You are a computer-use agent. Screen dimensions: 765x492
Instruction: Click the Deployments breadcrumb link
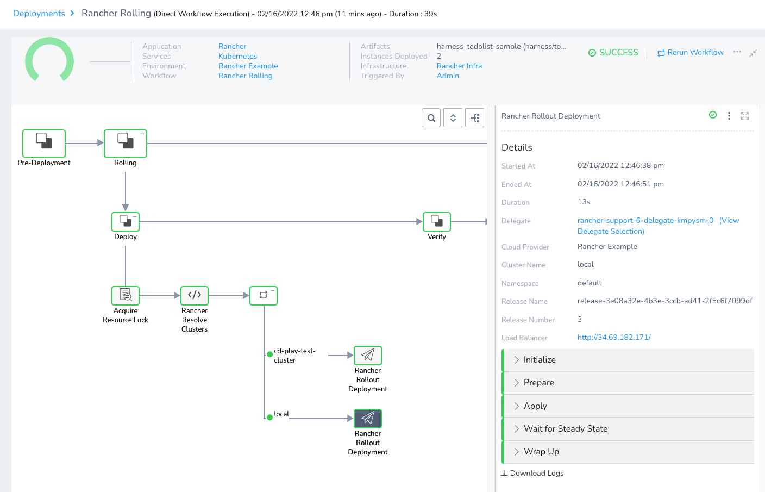(x=39, y=14)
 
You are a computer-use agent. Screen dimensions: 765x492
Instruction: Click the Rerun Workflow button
(x=690, y=53)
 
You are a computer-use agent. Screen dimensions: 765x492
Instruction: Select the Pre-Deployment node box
(x=44, y=143)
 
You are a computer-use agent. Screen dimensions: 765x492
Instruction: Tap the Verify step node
(x=436, y=221)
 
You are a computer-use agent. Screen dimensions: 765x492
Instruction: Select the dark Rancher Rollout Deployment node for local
(x=368, y=418)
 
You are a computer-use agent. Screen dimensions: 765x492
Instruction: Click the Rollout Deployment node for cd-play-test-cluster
(x=368, y=356)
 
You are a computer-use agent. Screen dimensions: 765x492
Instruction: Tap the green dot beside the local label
(x=270, y=417)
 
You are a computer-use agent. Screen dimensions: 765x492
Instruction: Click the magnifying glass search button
(x=431, y=118)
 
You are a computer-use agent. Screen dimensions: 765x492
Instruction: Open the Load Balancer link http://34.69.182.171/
(x=614, y=337)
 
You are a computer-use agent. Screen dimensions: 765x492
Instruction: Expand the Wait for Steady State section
(x=565, y=429)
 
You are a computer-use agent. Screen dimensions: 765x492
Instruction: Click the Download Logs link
(x=532, y=473)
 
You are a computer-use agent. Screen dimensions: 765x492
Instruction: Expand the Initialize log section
(x=540, y=360)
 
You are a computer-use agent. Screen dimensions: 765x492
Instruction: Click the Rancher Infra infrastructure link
(x=459, y=66)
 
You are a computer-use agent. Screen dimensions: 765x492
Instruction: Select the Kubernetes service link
(x=237, y=56)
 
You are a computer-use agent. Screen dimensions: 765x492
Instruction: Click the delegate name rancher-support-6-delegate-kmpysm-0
(x=645, y=220)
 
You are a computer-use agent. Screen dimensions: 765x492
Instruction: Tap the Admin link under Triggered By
(x=448, y=76)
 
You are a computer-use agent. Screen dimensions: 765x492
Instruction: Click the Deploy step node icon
(x=126, y=221)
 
